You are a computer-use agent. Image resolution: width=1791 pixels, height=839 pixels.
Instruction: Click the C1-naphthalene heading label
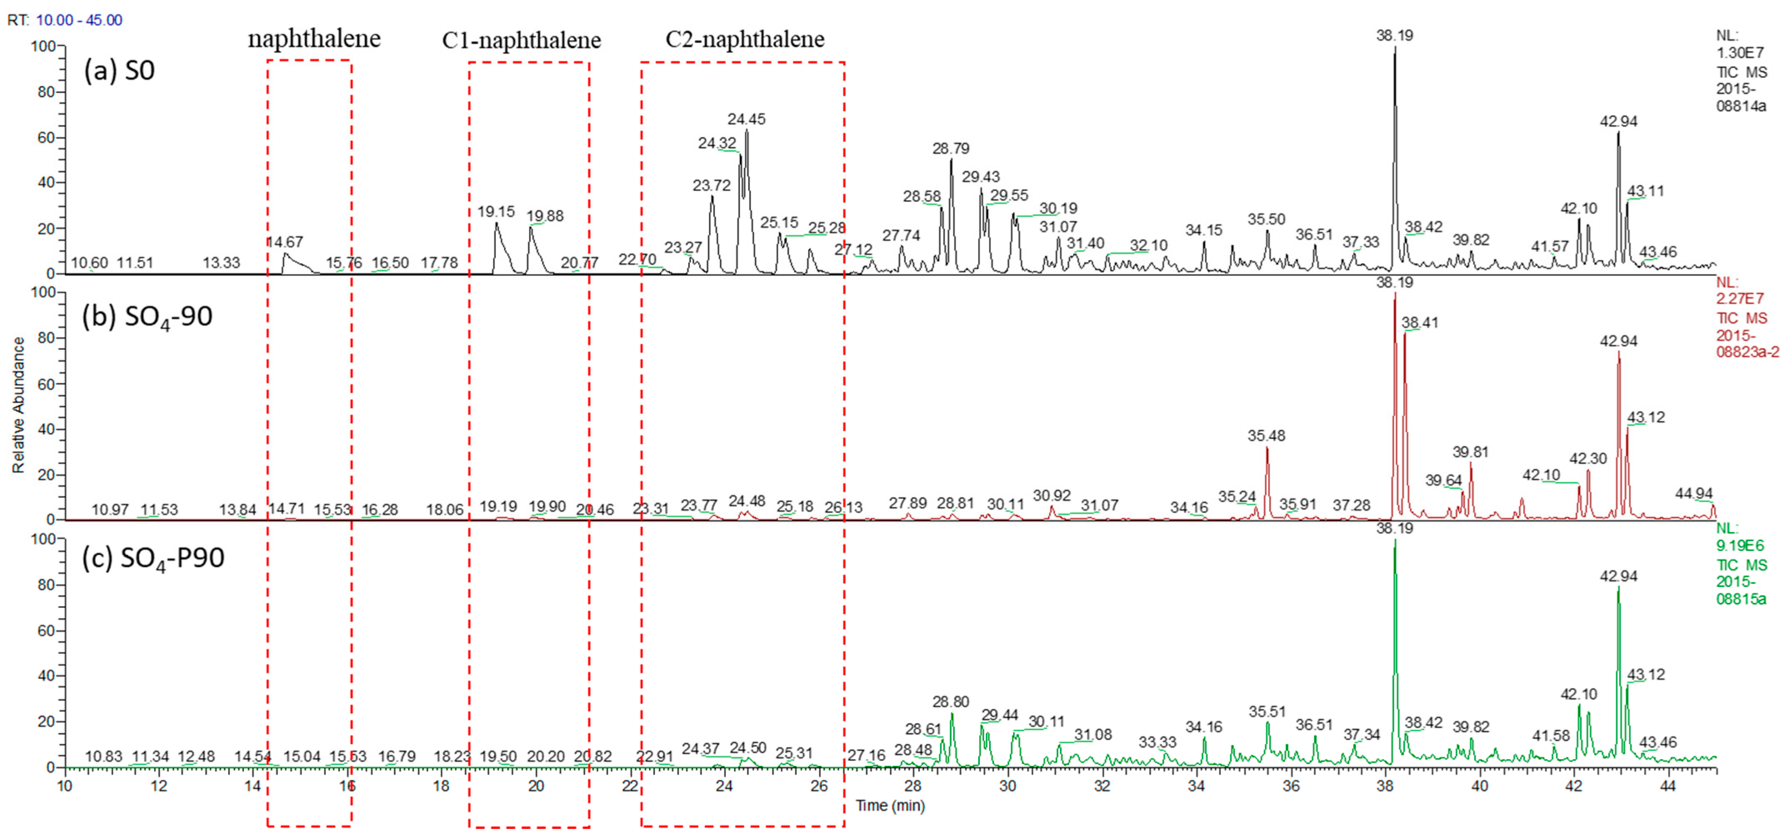click(x=522, y=40)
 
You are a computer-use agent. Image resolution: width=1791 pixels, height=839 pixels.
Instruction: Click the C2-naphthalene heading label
click(x=744, y=39)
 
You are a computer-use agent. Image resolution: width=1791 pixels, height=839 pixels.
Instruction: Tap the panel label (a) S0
click(x=119, y=70)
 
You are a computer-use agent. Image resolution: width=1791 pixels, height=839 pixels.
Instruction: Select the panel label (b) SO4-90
click(x=147, y=317)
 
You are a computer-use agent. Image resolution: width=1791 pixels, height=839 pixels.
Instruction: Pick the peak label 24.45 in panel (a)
click(x=746, y=119)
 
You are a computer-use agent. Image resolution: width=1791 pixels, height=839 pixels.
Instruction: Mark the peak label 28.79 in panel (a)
click(x=950, y=148)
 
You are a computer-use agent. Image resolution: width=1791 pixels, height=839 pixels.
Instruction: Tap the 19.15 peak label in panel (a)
click(x=496, y=212)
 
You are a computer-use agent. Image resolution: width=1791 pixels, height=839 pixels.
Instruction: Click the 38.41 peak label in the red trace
click(x=1420, y=323)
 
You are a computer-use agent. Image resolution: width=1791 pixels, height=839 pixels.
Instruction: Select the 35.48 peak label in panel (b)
click(x=1266, y=436)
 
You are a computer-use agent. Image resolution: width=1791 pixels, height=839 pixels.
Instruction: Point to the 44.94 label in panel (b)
click(x=1694, y=493)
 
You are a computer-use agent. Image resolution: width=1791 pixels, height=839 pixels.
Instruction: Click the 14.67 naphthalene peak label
click(x=285, y=242)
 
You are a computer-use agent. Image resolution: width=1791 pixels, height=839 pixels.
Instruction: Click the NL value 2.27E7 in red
click(x=1740, y=299)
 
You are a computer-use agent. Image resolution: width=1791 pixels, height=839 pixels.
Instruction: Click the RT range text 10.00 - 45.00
click(x=79, y=20)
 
